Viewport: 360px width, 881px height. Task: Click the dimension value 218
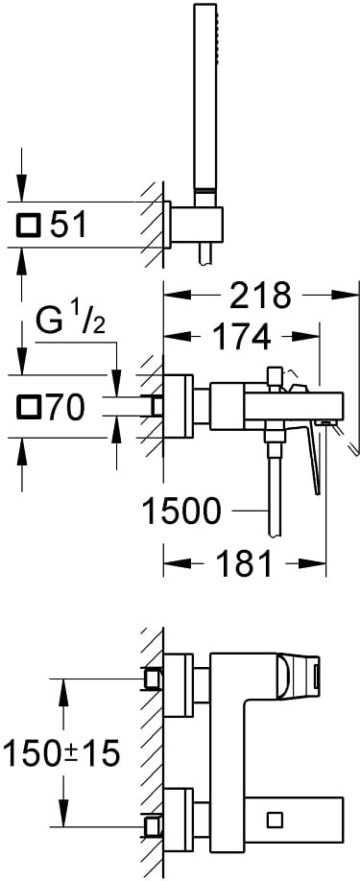point(260,295)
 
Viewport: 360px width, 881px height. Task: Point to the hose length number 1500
point(182,512)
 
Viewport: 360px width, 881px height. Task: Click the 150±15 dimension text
point(61,753)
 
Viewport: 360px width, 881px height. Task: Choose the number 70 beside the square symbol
point(65,407)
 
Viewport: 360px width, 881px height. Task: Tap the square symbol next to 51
point(28,226)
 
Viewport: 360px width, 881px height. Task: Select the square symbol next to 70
point(28,407)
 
